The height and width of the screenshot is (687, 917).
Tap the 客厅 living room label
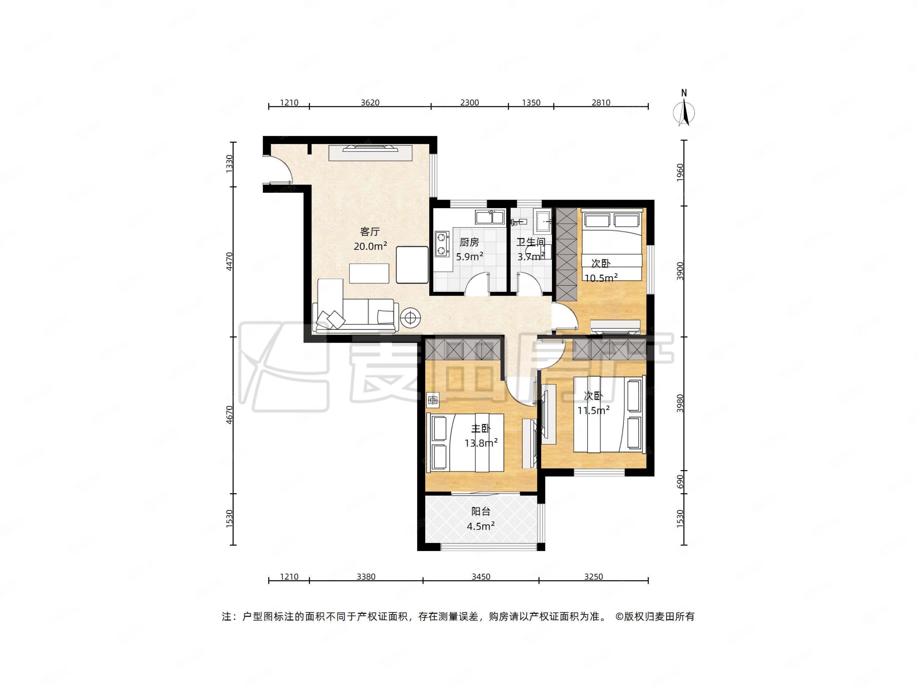point(370,232)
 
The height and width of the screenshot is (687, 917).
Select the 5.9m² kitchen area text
point(470,257)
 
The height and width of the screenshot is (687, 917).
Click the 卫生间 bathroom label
point(531,242)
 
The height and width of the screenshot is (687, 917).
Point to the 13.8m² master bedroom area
point(481,443)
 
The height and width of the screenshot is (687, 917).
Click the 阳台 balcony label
point(481,512)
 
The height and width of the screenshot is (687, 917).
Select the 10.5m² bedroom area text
point(601,278)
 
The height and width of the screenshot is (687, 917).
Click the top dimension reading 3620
point(370,103)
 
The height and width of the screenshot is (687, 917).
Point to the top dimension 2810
point(601,103)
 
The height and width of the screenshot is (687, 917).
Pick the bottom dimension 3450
point(481,577)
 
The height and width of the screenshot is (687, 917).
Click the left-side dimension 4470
point(230,262)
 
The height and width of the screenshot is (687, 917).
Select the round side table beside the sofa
point(410,318)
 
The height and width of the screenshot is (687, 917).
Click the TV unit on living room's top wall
point(370,152)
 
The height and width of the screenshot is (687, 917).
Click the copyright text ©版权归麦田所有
point(655,617)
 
